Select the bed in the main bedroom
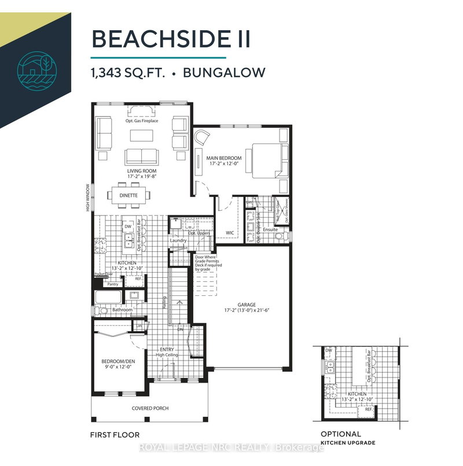[x=266, y=159]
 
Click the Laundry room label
[x=178, y=240]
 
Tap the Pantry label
[x=113, y=284]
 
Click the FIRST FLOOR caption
[x=114, y=434]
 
